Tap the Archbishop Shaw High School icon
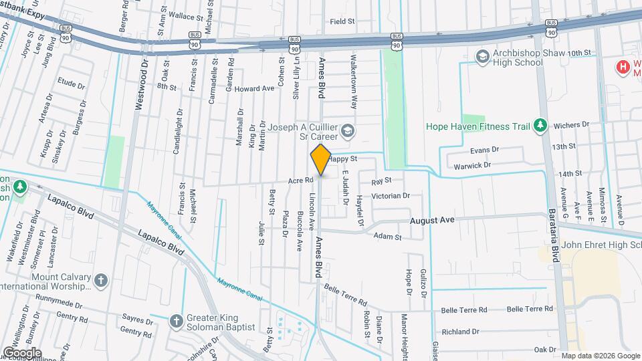pos(481,57)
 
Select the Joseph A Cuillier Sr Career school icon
pos(346,130)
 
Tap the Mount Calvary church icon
pos(100,279)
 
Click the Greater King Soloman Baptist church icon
pos(176,322)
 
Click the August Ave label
pos(432,220)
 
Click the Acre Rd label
pos(301,180)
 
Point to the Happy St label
pos(345,159)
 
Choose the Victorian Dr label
pos(391,196)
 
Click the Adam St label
pos(387,237)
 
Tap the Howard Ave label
pos(254,88)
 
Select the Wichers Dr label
pos(574,124)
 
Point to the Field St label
pos(342,21)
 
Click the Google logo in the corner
pos(21,352)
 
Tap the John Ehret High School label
pos(599,244)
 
